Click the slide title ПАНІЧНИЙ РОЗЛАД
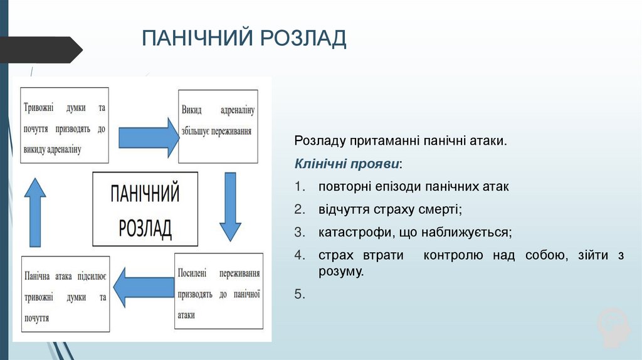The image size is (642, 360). tap(244, 38)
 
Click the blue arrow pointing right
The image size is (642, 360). tap(148, 135)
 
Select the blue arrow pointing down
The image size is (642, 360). tap(230, 207)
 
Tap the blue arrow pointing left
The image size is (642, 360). tap(148, 289)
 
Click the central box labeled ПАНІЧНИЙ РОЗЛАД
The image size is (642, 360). tap(145, 209)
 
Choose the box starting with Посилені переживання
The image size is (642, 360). tap(218, 291)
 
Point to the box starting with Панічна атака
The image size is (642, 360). tap(65, 294)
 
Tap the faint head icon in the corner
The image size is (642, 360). tap(612, 327)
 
